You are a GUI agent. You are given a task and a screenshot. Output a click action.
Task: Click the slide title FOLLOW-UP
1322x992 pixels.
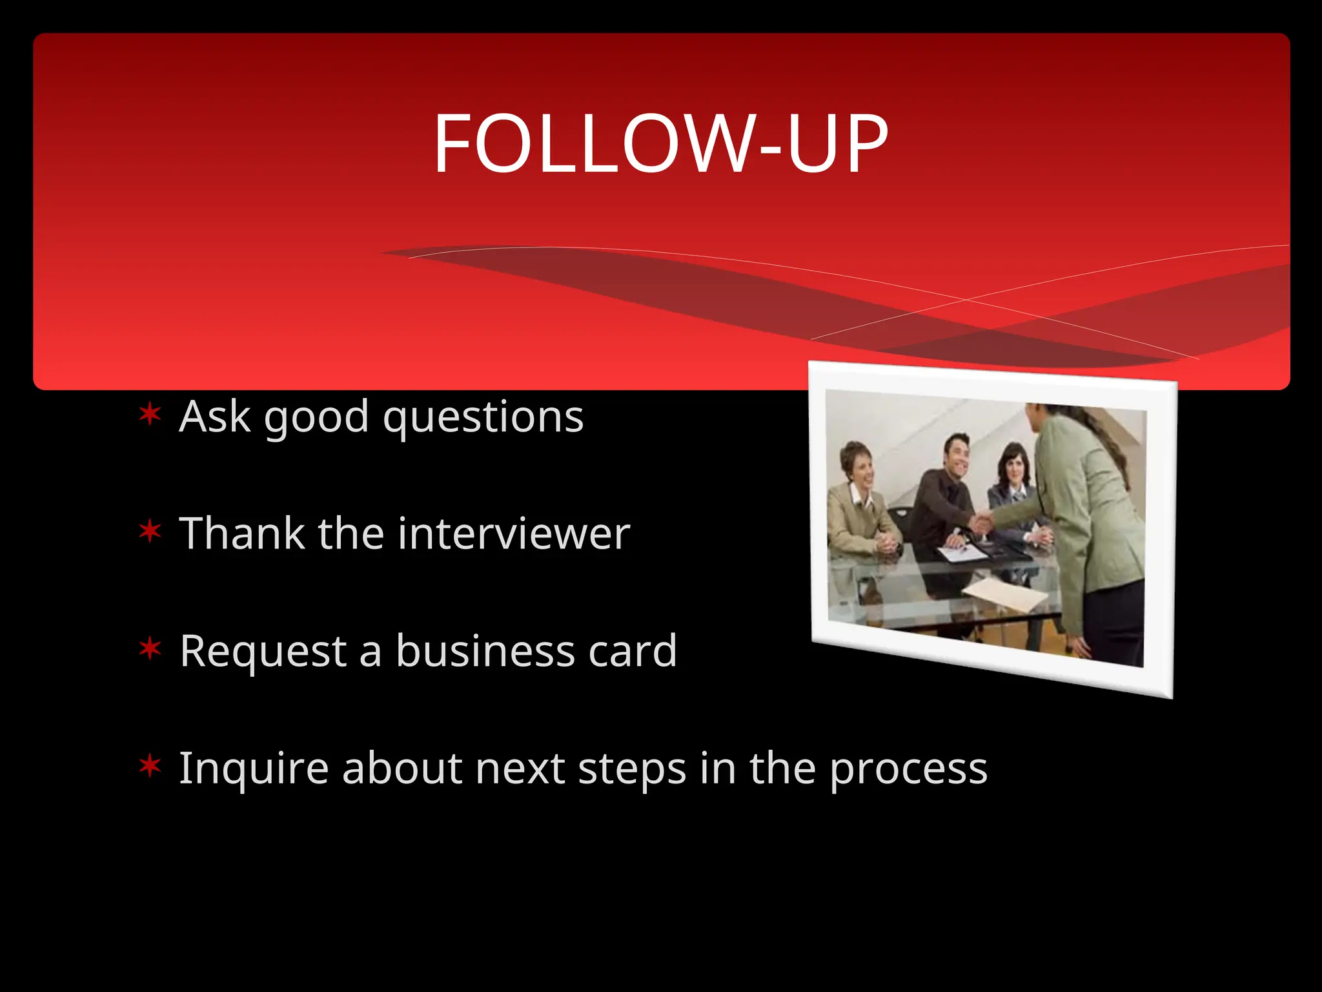660,143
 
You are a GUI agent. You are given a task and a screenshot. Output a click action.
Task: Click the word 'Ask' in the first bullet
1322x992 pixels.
214,417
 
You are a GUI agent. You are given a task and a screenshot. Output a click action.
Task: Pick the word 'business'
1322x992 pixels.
485,650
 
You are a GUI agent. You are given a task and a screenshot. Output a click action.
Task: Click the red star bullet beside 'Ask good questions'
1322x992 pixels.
150,415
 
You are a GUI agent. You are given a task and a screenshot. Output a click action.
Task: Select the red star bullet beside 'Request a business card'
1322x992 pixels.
150,649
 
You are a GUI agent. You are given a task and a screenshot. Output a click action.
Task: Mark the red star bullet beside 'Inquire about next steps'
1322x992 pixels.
150,767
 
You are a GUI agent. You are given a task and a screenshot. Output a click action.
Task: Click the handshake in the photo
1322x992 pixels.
983,519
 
